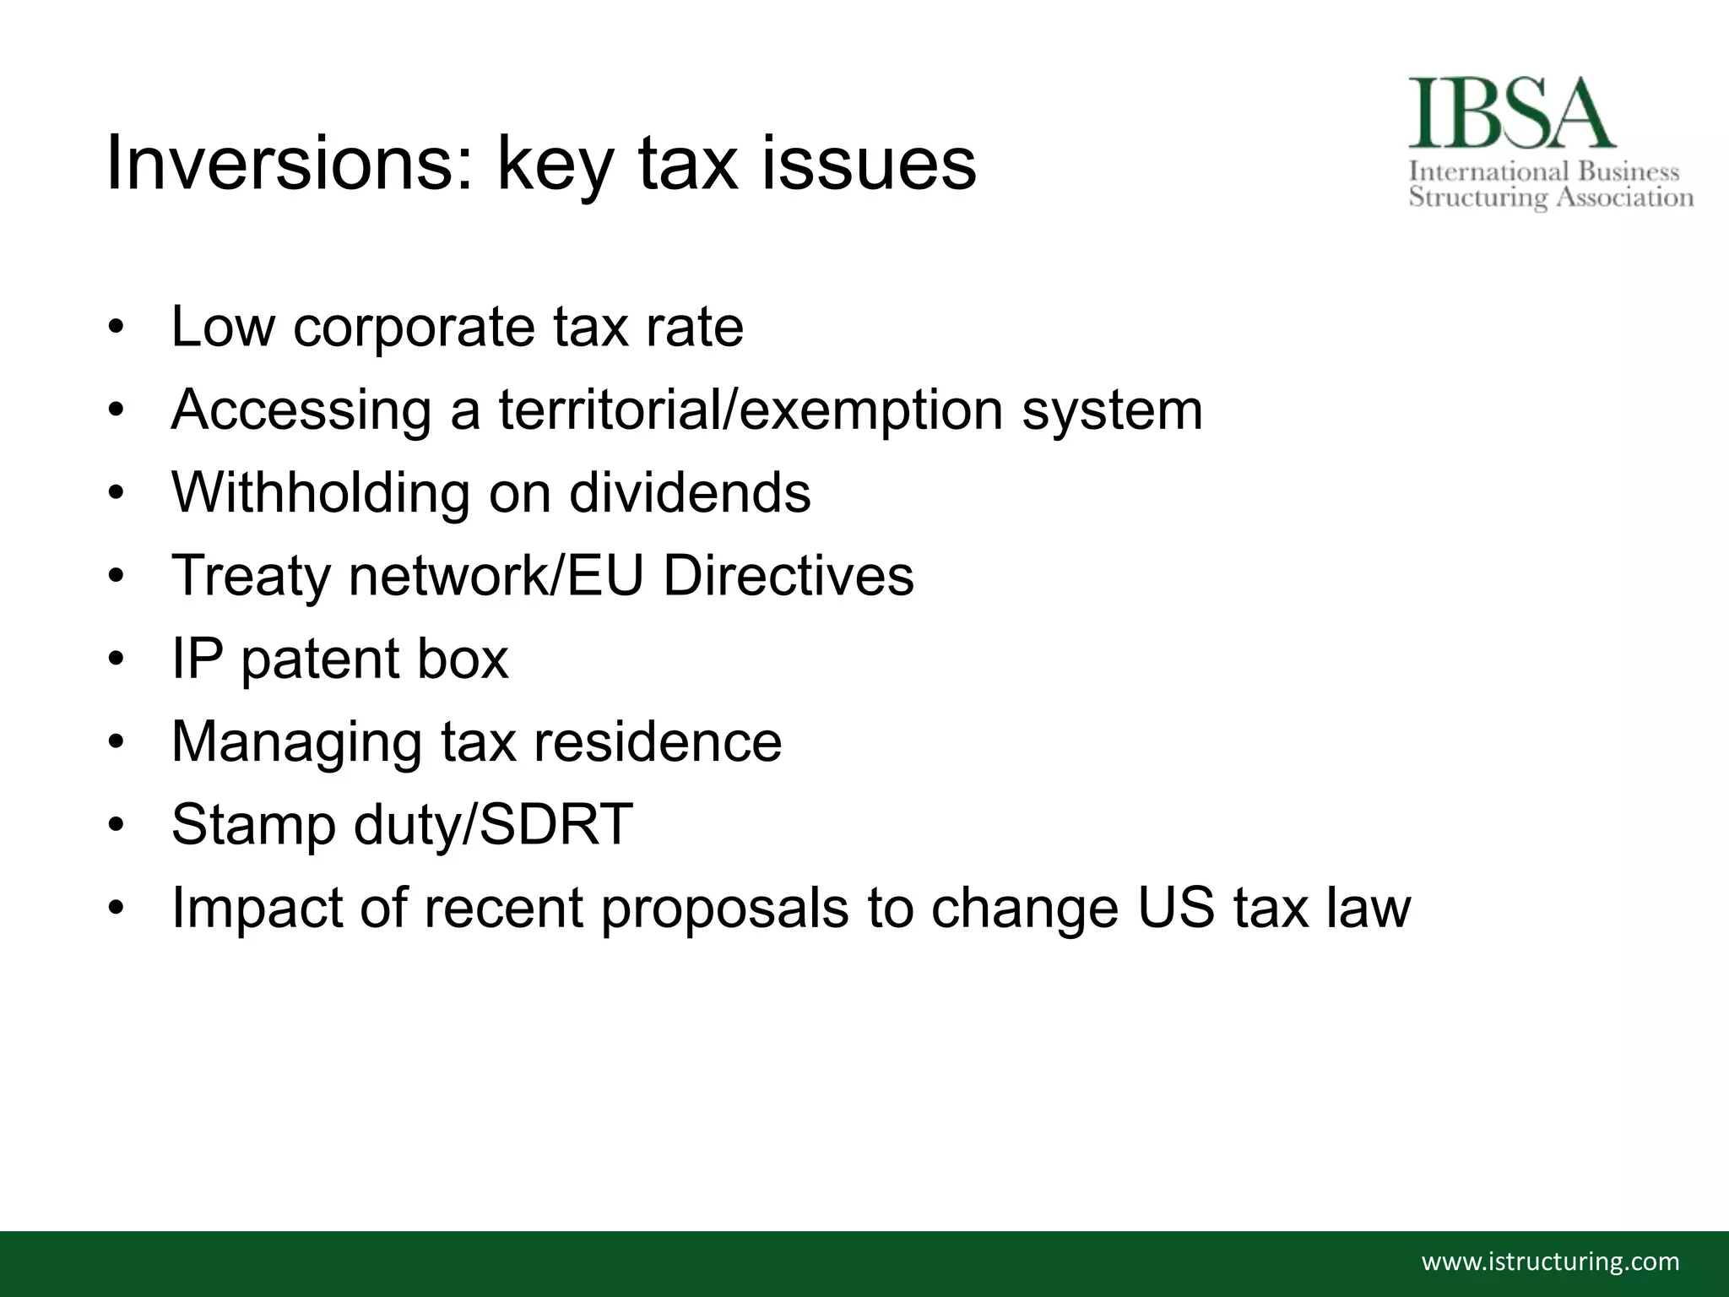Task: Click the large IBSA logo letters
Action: [1511, 115]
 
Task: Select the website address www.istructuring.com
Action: [1551, 1262]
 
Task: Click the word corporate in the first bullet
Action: [414, 328]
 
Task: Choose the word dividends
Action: [690, 492]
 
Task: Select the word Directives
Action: [789, 576]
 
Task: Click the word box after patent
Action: [463, 659]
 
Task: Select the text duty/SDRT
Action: [493, 825]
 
